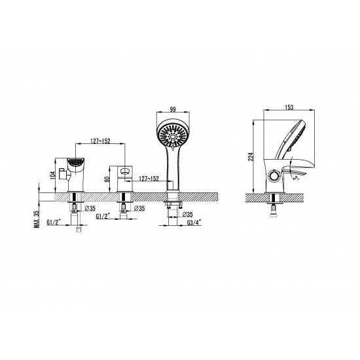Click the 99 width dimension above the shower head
click(x=173, y=109)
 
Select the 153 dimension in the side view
click(x=289, y=107)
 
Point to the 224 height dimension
click(x=251, y=156)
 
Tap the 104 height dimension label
click(x=53, y=175)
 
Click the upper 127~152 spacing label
click(x=100, y=141)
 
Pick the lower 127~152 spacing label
click(x=149, y=179)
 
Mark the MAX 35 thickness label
click(x=37, y=219)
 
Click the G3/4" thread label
click(x=194, y=223)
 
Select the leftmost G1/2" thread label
click(x=54, y=222)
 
